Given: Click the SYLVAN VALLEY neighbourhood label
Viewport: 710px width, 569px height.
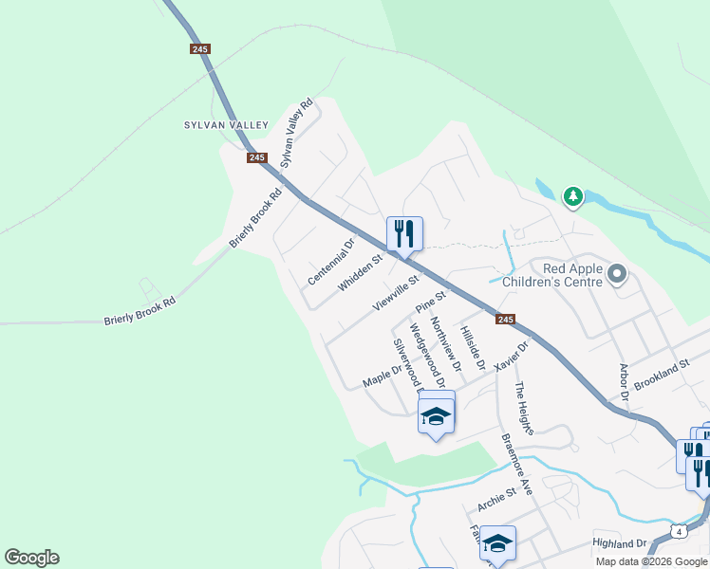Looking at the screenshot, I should pos(227,125).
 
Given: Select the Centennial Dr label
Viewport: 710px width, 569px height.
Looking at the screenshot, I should pos(330,262).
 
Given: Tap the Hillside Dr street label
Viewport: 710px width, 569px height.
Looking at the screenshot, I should pos(472,347).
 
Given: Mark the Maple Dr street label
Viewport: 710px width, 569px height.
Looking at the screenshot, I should pos(383,375).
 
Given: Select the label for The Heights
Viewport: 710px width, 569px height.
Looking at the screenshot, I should pos(524,408).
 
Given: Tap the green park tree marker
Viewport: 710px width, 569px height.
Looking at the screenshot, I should pos(572,197).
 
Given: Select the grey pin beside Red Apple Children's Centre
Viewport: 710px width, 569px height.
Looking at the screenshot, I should pos(618,275).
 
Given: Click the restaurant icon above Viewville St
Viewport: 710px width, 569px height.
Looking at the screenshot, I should pos(404,232).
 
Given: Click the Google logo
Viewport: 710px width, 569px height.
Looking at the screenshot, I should pos(31,558).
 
